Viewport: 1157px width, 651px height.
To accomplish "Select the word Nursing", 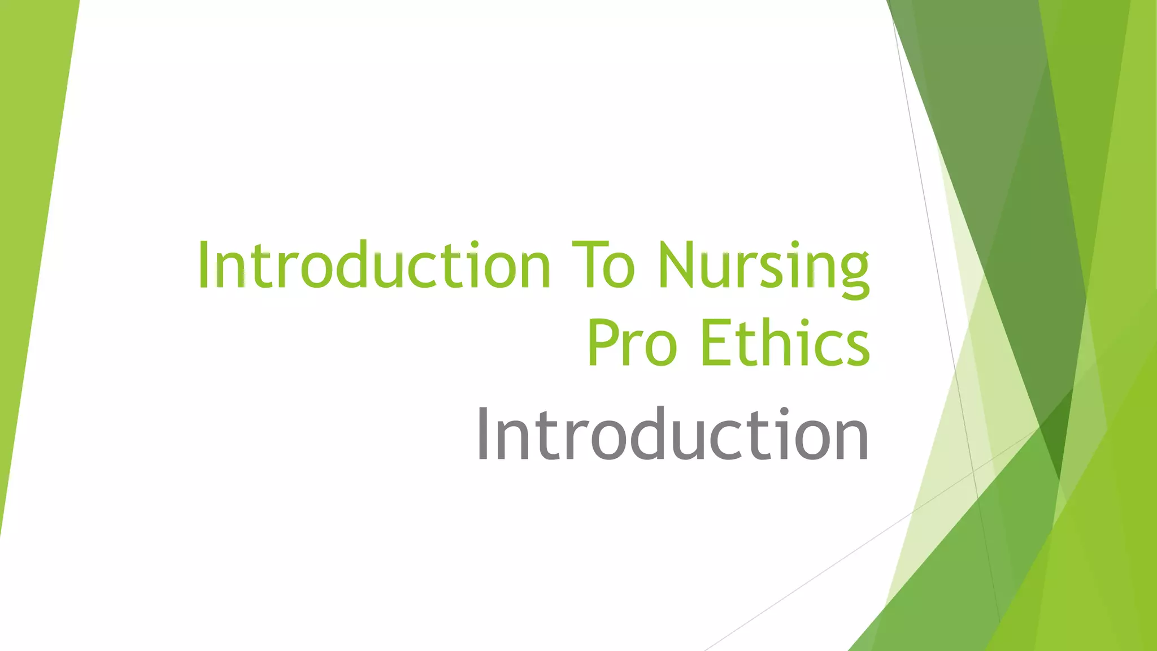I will click(763, 266).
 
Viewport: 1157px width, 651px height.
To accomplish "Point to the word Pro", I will click(632, 342).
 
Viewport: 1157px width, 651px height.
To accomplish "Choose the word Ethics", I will click(785, 342).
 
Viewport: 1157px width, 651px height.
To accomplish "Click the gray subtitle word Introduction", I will click(672, 434).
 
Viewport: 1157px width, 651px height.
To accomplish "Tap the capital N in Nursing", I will click(678, 264).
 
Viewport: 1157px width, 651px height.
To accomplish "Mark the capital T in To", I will click(588, 264).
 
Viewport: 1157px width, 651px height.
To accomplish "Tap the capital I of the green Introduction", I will click(203, 264).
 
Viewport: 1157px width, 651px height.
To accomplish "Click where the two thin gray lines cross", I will click(973, 471).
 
